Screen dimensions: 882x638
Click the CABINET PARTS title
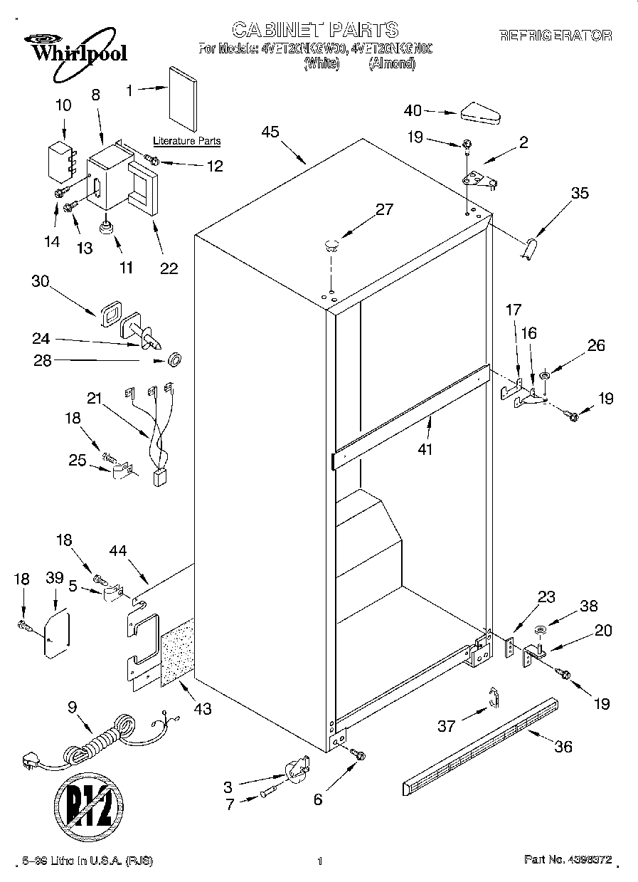pos(316,29)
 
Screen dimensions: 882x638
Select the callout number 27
pos(384,209)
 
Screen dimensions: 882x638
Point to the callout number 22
pos(169,268)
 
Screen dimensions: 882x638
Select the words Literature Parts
pos(186,142)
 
